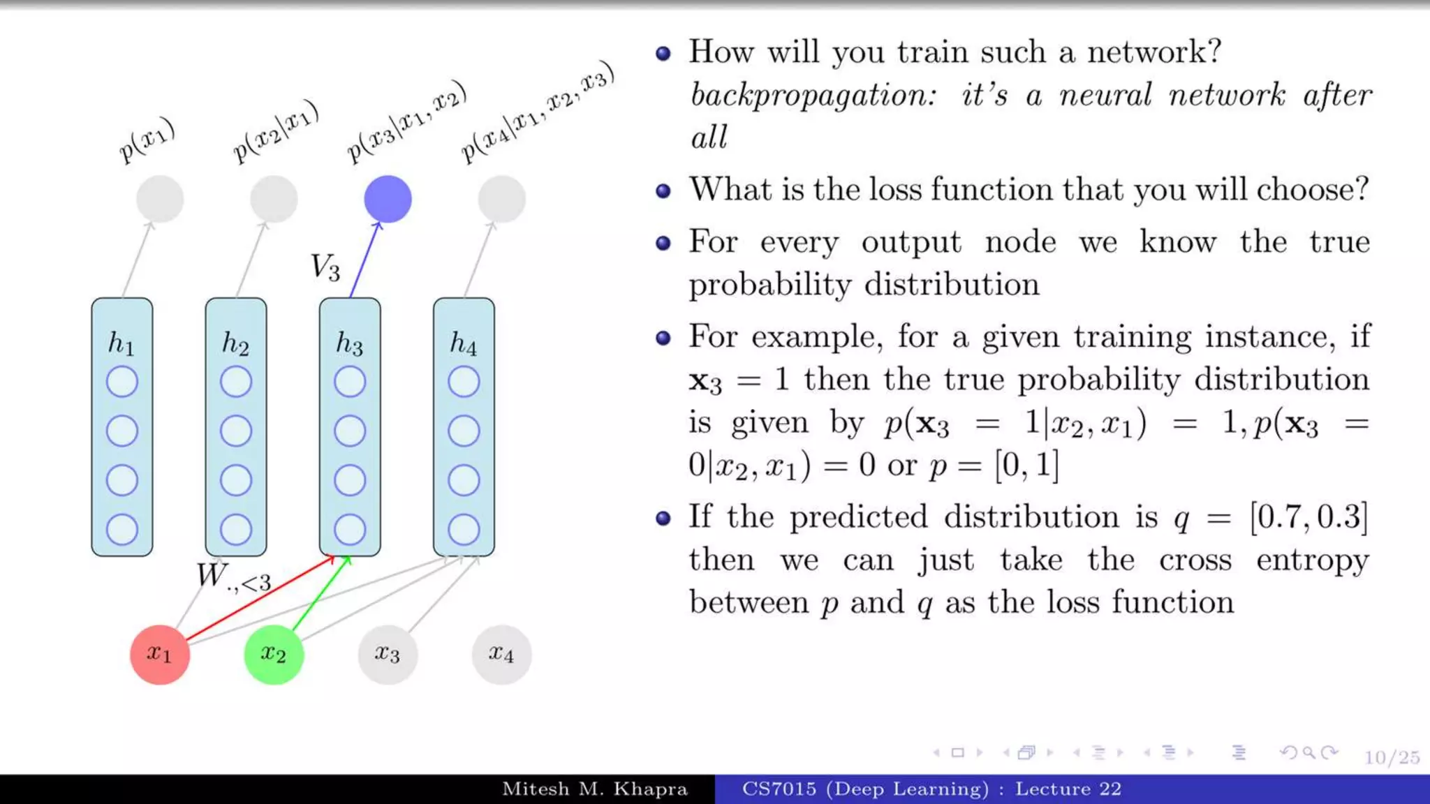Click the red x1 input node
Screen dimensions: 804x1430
(x=159, y=654)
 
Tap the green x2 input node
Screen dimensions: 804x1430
(x=273, y=654)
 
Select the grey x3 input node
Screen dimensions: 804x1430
(x=387, y=654)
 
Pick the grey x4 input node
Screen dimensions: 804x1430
(x=501, y=654)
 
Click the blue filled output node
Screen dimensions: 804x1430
(x=388, y=199)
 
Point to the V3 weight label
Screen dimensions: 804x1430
(x=325, y=267)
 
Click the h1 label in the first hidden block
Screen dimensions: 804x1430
(x=121, y=343)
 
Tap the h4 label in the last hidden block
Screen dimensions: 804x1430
(x=463, y=343)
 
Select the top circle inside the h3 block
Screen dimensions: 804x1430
(x=350, y=382)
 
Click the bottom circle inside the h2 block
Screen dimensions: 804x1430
(x=236, y=530)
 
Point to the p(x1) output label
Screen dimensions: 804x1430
(x=147, y=140)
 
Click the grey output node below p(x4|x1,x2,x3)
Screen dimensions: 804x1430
(x=501, y=199)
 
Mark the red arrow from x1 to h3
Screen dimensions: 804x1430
(x=258, y=598)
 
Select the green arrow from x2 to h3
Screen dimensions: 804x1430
(x=320, y=593)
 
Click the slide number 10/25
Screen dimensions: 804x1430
(x=1392, y=757)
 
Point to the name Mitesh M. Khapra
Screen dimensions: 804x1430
(x=595, y=789)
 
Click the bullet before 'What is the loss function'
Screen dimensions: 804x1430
(x=663, y=191)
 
